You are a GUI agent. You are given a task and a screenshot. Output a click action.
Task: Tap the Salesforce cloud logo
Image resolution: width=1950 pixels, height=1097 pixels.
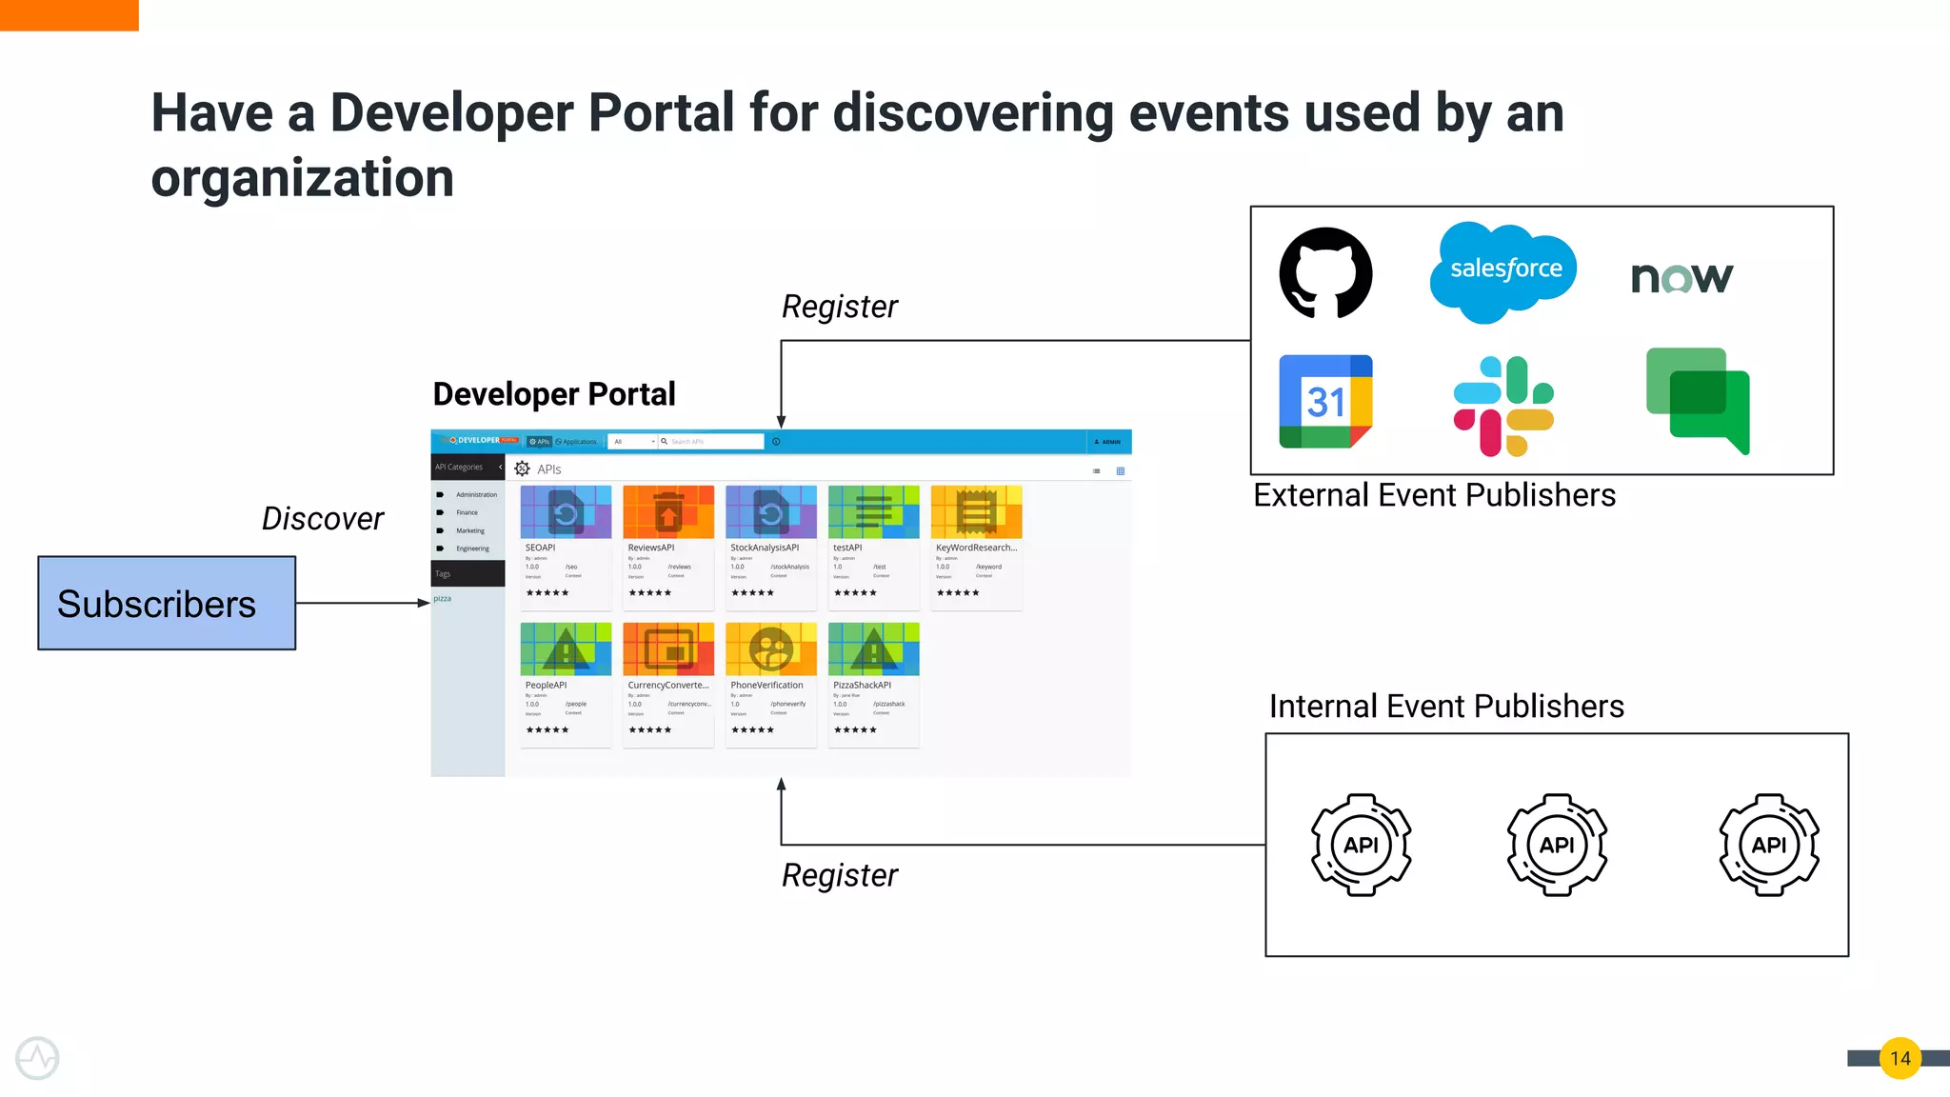pyautogui.click(x=1503, y=270)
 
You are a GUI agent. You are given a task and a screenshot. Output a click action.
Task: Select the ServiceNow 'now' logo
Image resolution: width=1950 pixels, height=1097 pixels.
pyautogui.click(x=1681, y=277)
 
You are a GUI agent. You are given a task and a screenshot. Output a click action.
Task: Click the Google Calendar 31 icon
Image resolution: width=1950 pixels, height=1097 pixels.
pyautogui.click(x=1325, y=401)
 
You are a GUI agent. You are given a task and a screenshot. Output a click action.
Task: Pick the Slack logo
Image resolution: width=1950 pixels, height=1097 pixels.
pyautogui.click(x=1503, y=406)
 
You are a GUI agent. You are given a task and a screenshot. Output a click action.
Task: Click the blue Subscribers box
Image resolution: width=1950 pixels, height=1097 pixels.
pyautogui.click(x=167, y=604)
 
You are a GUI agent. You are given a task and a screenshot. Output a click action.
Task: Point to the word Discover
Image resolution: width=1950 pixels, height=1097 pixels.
pyautogui.click(x=322, y=519)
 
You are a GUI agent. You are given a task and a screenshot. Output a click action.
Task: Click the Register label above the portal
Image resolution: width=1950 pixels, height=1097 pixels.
pyautogui.click(x=839, y=307)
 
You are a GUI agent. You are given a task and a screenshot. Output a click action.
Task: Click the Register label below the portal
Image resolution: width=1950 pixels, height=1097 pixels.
pyautogui.click(x=839, y=875)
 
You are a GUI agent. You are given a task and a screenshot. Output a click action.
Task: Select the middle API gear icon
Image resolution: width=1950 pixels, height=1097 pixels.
pyautogui.click(x=1557, y=845)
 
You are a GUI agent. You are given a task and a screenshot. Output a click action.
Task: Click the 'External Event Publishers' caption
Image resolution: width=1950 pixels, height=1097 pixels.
pyautogui.click(x=1434, y=495)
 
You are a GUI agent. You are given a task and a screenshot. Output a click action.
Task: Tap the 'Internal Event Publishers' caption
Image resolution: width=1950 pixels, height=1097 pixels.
pyautogui.click(x=1446, y=707)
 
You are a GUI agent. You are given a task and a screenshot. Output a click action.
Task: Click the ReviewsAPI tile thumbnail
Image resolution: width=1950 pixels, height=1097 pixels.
pyautogui.click(x=667, y=512)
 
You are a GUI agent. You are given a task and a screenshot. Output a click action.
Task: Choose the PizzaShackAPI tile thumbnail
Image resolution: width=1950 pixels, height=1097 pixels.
pyautogui.click(x=873, y=649)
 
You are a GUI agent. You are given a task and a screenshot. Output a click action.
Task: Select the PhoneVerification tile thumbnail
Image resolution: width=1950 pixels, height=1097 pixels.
pyautogui.click(x=770, y=649)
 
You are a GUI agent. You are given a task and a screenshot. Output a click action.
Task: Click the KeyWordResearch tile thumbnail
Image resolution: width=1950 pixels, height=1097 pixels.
pyautogui.click(x=976, y=512)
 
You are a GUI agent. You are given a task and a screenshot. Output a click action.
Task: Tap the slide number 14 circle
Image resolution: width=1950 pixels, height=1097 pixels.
pyautogui.click(x=1900, y=1058)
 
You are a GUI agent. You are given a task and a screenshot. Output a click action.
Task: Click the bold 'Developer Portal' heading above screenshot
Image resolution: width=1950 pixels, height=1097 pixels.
pyautogui.click(x=554, y=394)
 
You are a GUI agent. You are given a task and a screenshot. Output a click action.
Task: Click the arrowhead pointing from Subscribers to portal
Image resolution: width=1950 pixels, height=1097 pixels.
pyautogui.click(x=424, y=603)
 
